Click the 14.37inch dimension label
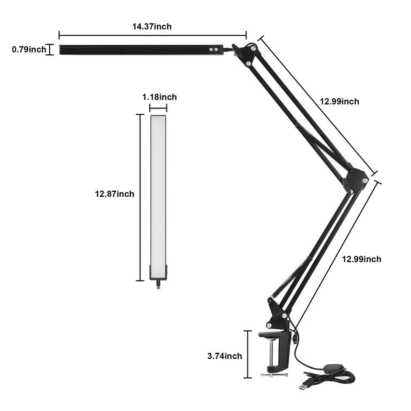(152, 26)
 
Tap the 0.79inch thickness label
(29, 49)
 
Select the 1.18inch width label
(160, 97)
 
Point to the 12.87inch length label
(115, 194)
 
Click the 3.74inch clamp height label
(225, 356)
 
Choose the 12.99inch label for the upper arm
(339, 102)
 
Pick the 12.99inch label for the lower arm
(362, 259)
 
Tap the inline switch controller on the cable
(333, 367)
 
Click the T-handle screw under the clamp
(274, 375)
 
